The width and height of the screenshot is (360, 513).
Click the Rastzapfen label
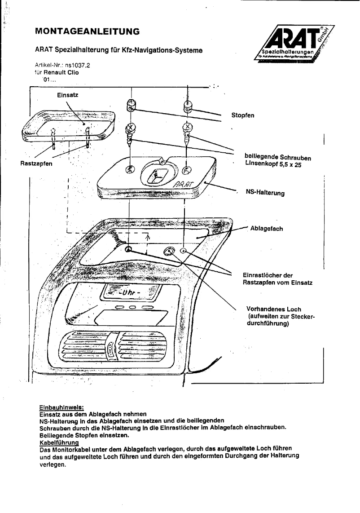point(36,164)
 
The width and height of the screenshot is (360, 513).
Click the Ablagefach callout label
point(266,228)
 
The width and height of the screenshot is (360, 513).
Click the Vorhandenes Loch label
point(274,310)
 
